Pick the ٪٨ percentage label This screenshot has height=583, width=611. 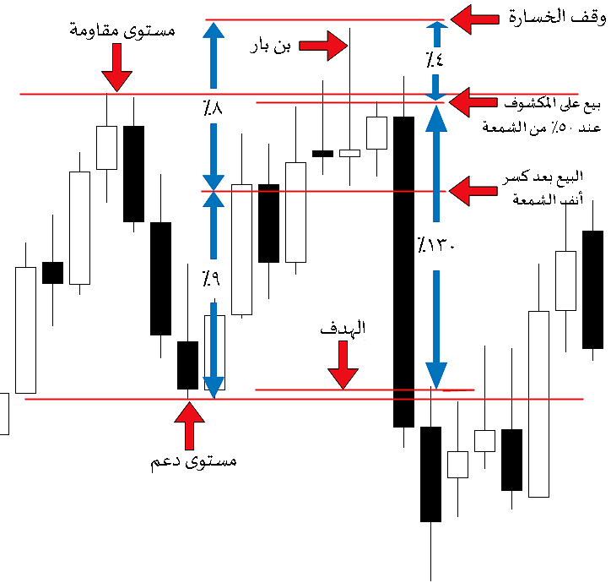[x=212, y=109]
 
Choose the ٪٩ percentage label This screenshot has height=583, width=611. [x=212, y=276]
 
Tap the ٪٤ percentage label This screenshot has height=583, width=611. [x=435, y=60]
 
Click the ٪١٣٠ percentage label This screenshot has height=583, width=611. [x=435, y=248]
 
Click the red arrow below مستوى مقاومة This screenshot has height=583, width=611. [x=117, y=67]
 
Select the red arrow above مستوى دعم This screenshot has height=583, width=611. [x=189, y=424]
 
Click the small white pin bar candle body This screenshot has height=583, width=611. [x=349, y=153]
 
